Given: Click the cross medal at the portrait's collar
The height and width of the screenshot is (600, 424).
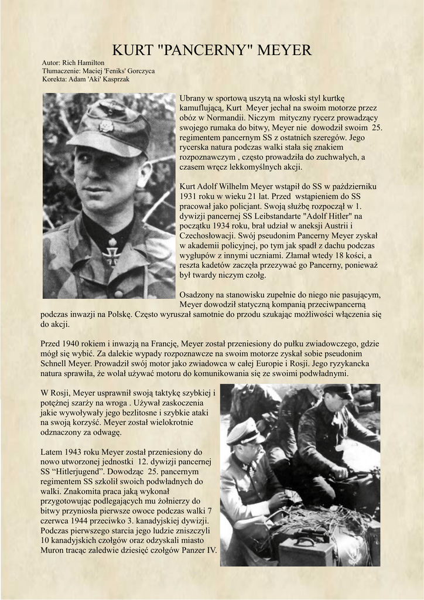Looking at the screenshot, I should pyautogui.click(x=111, y=252).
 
